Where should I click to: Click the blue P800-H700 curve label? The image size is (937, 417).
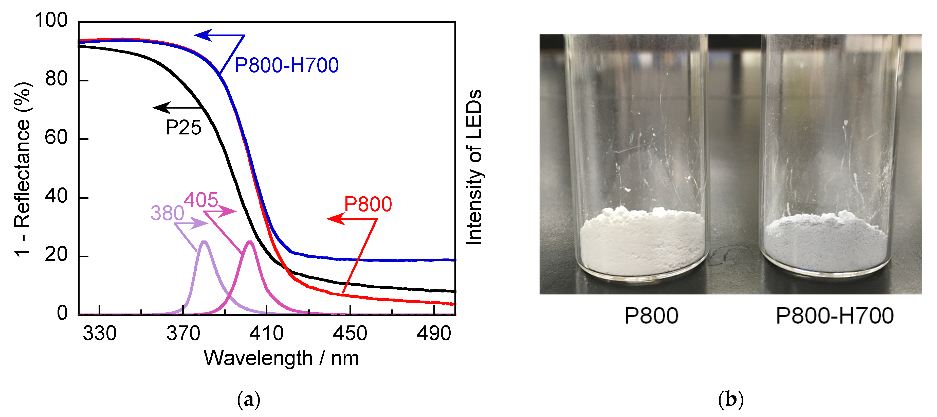coord(287,65)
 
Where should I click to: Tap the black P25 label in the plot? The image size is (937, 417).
coord(183,128)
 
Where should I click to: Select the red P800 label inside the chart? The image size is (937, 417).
coord(368,204)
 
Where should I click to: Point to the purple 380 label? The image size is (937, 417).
coord(167,213)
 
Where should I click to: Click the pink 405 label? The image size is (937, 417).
coord(201,200)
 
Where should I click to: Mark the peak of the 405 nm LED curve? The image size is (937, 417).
coord(250,242)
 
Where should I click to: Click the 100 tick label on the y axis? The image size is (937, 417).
coord(51,20)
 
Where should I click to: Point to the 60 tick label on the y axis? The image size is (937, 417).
coord(56,138)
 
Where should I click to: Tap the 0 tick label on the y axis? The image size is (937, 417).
coord(62,313)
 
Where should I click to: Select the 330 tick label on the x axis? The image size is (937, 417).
coord(99,333)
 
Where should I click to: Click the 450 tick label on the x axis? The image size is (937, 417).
coord(350,333)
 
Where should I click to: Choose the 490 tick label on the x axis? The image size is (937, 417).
coord(434,333)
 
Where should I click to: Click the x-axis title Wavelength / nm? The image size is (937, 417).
coord(281,358)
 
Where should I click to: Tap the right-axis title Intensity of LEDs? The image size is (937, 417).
coord(474,167)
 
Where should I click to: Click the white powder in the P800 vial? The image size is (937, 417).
coord(642,244)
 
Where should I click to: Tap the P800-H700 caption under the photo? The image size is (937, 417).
coord(834,316)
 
